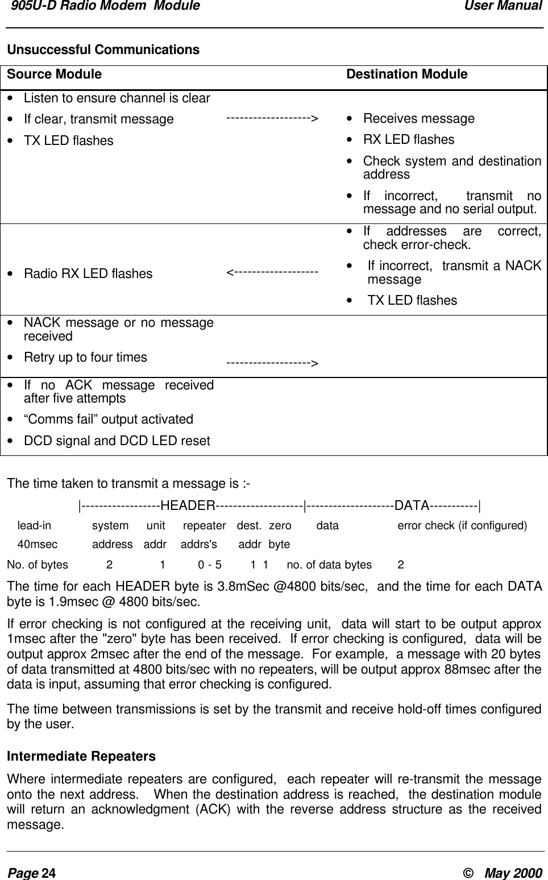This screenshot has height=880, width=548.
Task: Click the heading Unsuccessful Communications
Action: point(103,50)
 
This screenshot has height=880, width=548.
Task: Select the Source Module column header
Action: point(54,74)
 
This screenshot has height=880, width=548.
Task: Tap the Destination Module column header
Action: point(406,74)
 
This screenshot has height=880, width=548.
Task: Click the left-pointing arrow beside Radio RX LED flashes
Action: point(272,273)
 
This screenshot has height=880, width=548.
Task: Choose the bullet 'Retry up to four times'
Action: point(85,358)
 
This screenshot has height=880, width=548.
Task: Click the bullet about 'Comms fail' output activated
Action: point(108,420)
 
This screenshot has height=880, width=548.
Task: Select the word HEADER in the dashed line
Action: point(188,506)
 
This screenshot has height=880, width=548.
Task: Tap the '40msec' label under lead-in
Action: point(38,545)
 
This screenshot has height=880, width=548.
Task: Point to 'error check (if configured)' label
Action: point(462,526)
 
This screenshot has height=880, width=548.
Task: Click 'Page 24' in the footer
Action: point(31,873)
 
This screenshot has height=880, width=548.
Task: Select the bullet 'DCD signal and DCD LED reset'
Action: point(117,441)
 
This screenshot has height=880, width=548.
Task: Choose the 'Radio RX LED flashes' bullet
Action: point(88,274)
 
